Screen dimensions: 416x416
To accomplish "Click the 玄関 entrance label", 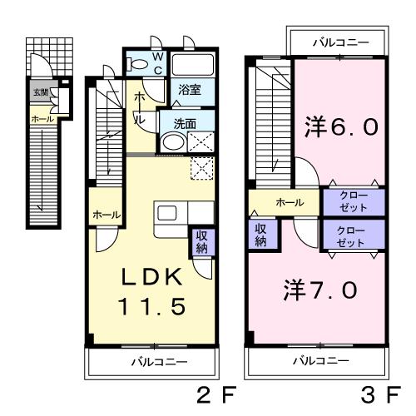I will click(x=40, y=92).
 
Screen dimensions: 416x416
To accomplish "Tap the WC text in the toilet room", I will click(x=158, y=63).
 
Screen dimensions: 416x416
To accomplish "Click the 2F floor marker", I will click(x=213, y=393).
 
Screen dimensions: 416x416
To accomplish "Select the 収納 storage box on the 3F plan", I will click(x=260, y=234).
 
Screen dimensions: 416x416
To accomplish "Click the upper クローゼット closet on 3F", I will click(x=354, y=201).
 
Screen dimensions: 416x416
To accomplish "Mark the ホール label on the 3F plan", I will click(x=289, y=201).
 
